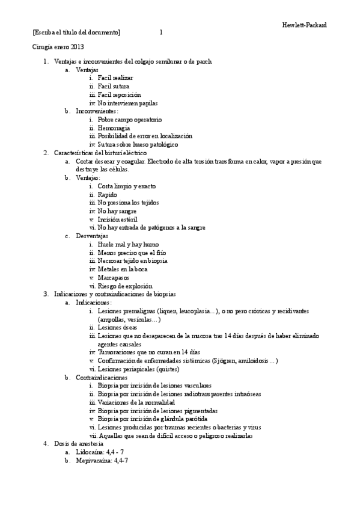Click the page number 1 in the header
tap(161, 32)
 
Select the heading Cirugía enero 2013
tap(58, 46)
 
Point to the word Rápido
tap(107, 195)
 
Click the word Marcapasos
tap(115, 278)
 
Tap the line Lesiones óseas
tap(117, 327)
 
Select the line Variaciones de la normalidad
tap(136, 402)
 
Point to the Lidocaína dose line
tap(100, 452)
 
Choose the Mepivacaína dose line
tap(102, 460)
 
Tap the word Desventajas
tap(92, 236)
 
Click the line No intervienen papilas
tap(127, 103)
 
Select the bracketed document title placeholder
tap(76, 32)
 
